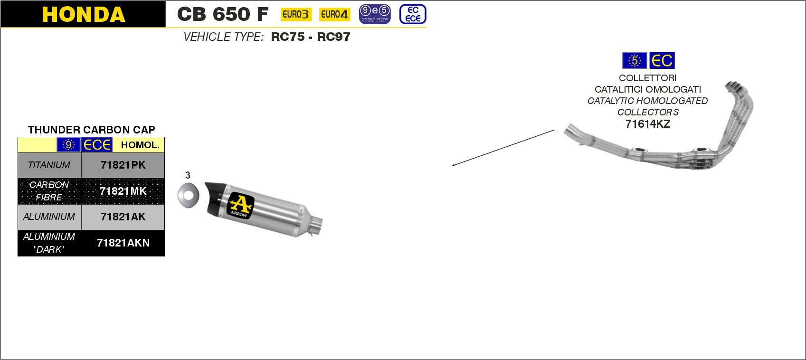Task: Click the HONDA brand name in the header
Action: (84, 14)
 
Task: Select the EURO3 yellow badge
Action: (296, 14)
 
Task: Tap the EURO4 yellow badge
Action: (334, 14)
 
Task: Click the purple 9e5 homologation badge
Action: (375, 14)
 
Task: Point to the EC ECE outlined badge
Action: (413, 14)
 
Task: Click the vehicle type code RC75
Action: (287, 37)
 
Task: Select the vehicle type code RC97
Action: (333, 37)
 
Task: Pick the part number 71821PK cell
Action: (123, 165)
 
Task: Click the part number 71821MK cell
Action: (123, 191)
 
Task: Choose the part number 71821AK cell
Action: (123, 217)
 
